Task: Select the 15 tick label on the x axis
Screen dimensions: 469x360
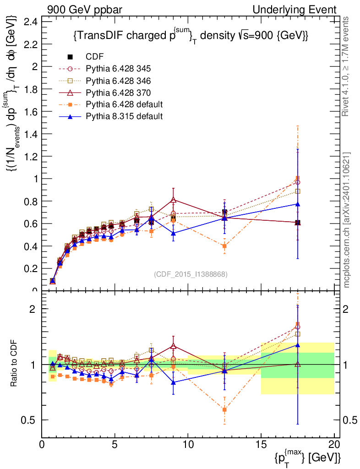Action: pos(261,444)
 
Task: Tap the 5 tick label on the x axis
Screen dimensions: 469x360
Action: pos(115,444)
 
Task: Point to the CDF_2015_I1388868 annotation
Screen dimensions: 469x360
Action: pos(191,274)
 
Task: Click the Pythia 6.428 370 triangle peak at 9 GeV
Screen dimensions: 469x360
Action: pos(173,200)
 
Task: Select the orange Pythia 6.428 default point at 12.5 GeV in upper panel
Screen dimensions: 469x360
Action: pos(224,246)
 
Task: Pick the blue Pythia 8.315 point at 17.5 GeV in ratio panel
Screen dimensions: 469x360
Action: pos(298,345)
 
